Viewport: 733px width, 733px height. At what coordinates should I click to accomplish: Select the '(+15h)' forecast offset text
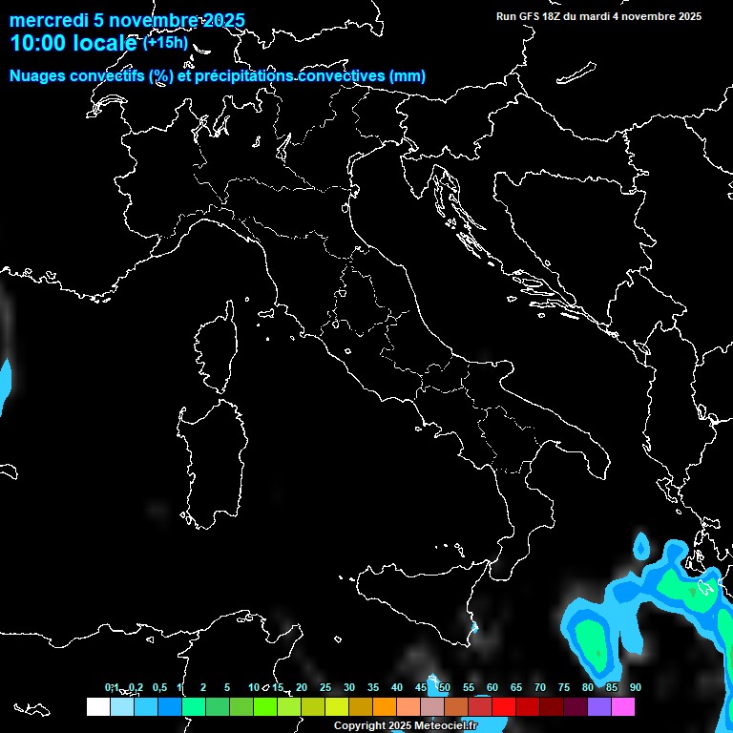[165, 42]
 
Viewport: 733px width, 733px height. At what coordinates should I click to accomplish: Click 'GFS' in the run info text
[529, 16]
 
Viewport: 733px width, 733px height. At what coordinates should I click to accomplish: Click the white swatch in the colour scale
[97, 707]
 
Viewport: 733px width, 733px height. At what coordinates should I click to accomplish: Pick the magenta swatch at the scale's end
[623, 707]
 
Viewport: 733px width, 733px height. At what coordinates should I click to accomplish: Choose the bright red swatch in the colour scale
[504, 707]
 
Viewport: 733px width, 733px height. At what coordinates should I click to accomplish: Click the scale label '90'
[636, 687]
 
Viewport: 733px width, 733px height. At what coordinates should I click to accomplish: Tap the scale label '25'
[325, 687]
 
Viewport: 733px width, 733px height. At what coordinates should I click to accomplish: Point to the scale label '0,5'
[159, 687]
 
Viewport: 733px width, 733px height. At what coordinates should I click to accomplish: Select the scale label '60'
[492, 687]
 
